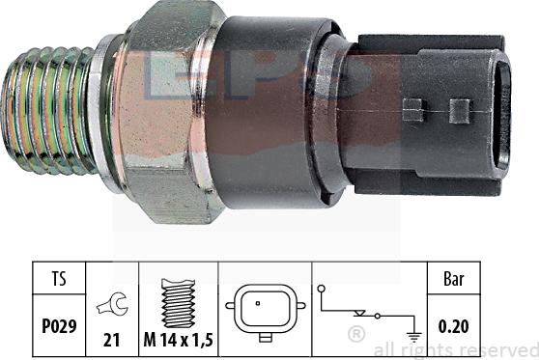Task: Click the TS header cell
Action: (x=59, y=278)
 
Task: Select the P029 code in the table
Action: (x=59, y=326)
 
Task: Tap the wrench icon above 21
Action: (x=112, y=304)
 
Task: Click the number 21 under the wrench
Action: (x=111, y=340)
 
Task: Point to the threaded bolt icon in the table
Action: (x=178, y=303)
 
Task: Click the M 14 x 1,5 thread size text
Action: (x=178, y=340)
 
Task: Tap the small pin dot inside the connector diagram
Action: (x=258, y=303)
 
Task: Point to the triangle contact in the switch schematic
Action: (x=359, y=313)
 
